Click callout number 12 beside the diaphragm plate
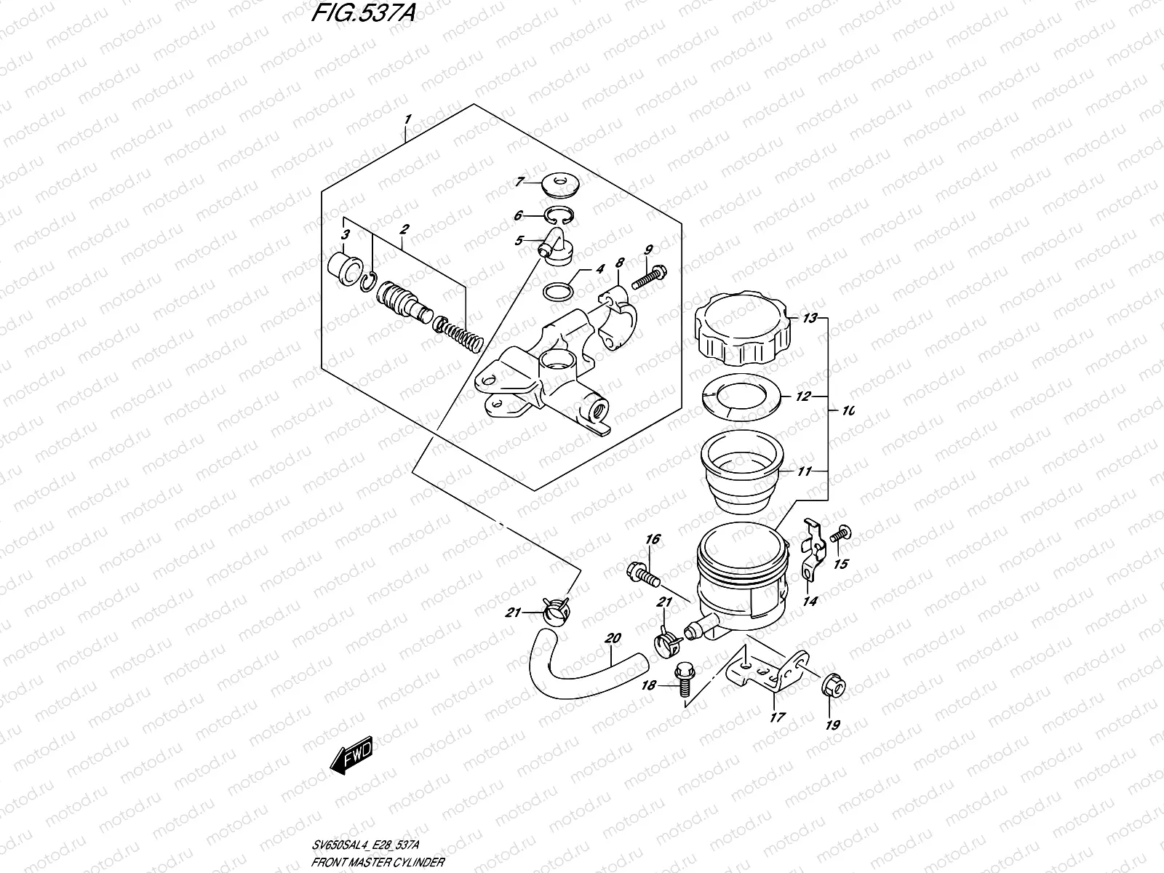click(x=802, y=397)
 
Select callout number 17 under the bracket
click(x=778, y=717)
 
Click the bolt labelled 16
click(x=642, y=573)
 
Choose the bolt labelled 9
click(x=650, y=277)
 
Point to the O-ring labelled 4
click(x=558, y=292)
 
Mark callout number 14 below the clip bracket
click(x=810, y=601)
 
